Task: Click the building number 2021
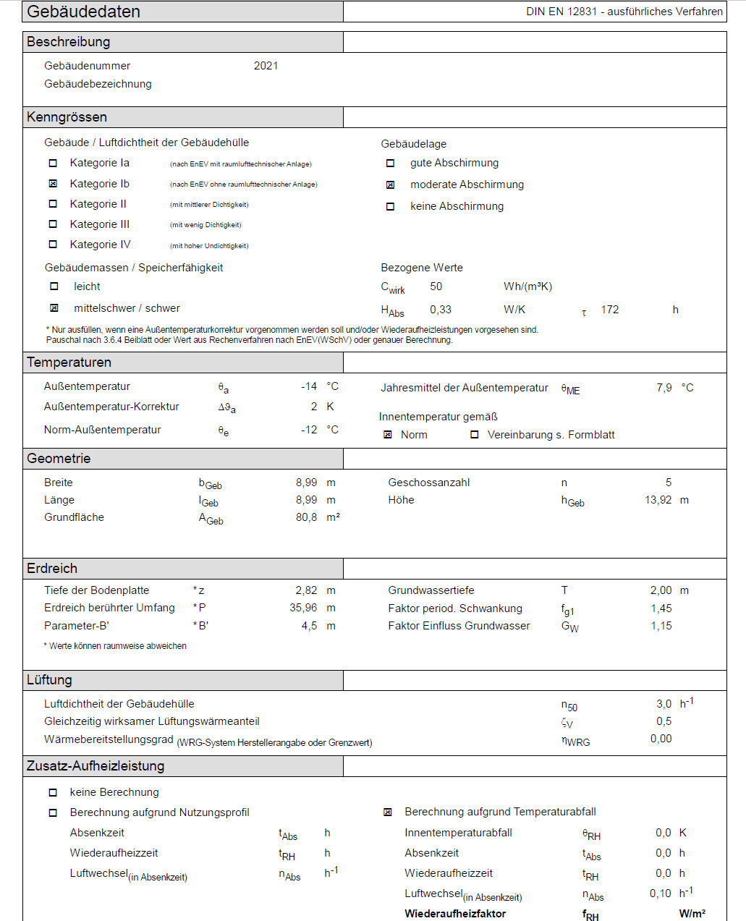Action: tap(266, 66)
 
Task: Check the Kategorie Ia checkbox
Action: tap(53, 164)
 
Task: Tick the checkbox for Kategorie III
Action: tap(53, 224)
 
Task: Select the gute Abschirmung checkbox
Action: tap(391, 164)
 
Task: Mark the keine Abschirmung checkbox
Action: tap(391, 207)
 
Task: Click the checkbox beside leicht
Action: tap(54, 287)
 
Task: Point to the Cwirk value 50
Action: tap(436, 287)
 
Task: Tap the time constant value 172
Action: tap(609, 310)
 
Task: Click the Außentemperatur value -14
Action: tap(309, 386)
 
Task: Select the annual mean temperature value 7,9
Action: tap(664, 388)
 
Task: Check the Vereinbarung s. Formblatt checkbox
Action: tap(475, 435)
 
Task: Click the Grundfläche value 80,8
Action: tap(306, 517)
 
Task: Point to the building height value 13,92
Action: tap(658, 500)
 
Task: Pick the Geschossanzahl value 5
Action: tap(668, 483)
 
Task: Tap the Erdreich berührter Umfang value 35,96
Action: tap(303, 608)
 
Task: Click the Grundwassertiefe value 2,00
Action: tap(661, 590)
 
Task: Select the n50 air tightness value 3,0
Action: tap(664, 704)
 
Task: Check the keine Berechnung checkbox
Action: tap(53, 793)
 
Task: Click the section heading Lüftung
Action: tap(49, 680)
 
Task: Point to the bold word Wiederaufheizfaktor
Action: tap(455, 914)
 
